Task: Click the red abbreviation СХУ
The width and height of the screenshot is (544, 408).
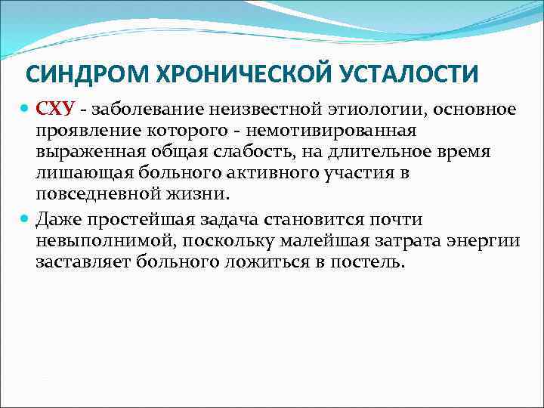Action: point(54,111)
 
